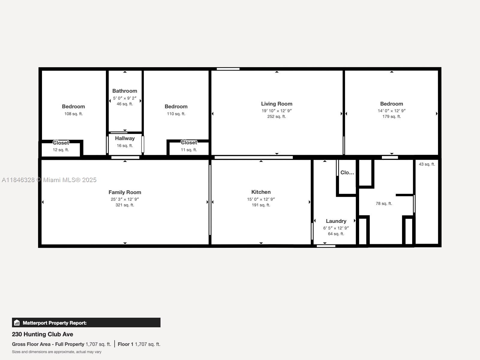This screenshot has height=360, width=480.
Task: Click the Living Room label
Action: click(x=277, y=104)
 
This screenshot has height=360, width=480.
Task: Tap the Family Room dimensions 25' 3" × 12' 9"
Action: click(x=125, y=199)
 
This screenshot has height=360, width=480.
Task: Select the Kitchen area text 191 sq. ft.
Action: click(x=261, y=205)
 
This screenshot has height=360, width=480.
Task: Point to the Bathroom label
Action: click(x=125, y=91)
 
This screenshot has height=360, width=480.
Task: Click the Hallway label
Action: click(x=125, y=138)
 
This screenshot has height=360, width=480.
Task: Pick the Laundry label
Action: click(x=336, y=221)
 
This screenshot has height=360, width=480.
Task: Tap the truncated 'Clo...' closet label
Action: click(x=347, y=172)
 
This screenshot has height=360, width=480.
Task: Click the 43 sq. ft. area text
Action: click(x=427, y=164)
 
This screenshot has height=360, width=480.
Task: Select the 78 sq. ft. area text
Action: click(x=384, y=203)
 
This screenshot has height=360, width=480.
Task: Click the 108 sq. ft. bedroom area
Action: click(x=73, y=114)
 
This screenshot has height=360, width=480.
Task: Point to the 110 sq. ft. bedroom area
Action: click(x=176, y=114)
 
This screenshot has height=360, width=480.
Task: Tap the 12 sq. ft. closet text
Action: click(x=61, y=150)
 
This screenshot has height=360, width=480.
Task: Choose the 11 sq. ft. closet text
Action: click(x=189, y=150)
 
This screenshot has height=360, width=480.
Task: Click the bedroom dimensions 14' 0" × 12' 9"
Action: click(x=391, y=111)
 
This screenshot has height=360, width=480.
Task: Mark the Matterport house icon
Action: click(x=17, y=323)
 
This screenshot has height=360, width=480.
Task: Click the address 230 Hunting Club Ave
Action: click(x=43, y=334)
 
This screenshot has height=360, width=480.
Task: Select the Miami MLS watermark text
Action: click(x=49, y=180)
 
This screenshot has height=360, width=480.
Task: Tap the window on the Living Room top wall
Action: click(x=228, y=69)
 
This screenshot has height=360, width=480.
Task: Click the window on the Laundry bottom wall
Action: click(x=326, y=246)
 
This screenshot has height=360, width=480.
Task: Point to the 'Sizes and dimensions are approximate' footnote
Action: click(x=57, y=352)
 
